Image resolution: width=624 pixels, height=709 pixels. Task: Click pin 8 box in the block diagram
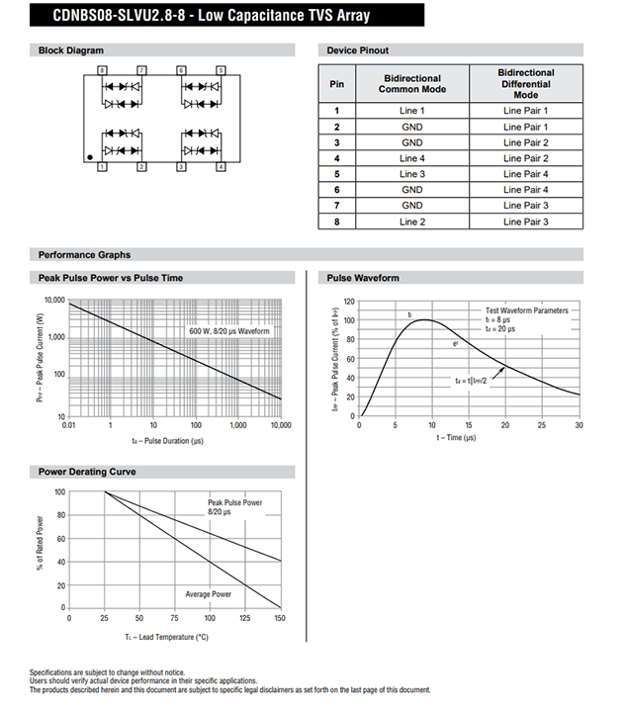click(103, 69)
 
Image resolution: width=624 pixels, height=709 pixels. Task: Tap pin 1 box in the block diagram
click(103, 167)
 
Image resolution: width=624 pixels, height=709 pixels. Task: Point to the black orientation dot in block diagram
click(89, 156)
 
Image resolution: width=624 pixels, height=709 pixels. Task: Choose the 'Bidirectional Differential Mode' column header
click(525, 83)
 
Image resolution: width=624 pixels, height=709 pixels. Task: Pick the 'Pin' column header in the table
click(336, 83)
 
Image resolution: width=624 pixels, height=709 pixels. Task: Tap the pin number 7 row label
click(336, 206)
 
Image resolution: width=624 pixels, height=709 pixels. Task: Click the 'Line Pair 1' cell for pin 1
click(525, 111)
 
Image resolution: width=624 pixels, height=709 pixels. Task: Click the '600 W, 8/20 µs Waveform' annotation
click(228, 332)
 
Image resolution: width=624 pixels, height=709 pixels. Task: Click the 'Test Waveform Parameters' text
click(526, 310)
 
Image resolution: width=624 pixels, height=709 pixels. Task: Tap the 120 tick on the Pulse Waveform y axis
click(348, 301)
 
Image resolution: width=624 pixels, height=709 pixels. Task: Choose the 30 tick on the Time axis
click(579, 425)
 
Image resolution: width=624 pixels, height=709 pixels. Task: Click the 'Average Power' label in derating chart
click(209, 593)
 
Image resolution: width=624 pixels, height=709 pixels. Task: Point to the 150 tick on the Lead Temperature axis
click(281, 617)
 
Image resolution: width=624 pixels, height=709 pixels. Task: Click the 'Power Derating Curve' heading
click(87, 472)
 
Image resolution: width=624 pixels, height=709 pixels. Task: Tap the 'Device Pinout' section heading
click(357, 50)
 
